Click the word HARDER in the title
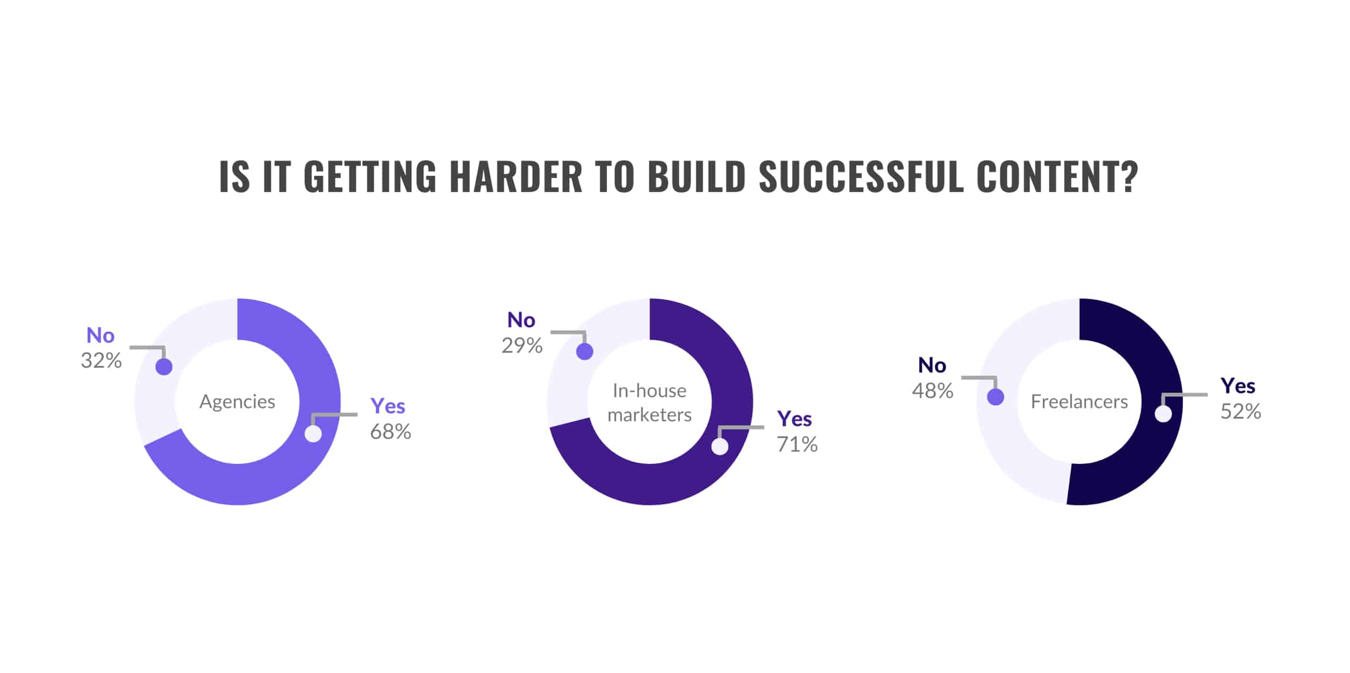coord(516,176)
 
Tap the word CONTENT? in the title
coord(1057,176)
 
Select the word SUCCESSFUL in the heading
coord(861,176)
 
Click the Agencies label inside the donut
coord(237,402)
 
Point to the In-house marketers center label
coord(649,402)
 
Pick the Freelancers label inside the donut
coord(1079,402)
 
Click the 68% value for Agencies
coord(390,432)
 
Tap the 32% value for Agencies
coord(101,360)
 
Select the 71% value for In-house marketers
coord(797,445)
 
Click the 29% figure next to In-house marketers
coord(521,346)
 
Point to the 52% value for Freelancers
coord(1240,411)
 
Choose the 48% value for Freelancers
coord(932,391)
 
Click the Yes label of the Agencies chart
coord(388,406)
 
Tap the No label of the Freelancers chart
coord(932,365)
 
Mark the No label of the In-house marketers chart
coord(521,320)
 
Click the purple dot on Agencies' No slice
coord(164,367)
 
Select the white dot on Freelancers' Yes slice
coord(1163,414)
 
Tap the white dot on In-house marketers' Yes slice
coord(720,446)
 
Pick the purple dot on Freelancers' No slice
coord(996,397)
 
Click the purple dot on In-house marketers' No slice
coord(585,351)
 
